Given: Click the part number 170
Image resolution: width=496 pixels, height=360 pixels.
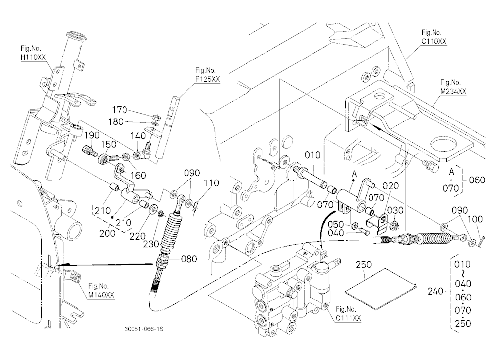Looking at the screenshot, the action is click(120, 110).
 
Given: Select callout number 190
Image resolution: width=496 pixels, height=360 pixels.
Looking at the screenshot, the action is click(92, 135).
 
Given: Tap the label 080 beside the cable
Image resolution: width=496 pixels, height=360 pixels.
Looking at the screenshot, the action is click(189, 259).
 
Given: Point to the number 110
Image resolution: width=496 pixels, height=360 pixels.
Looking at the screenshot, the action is click(212, 183).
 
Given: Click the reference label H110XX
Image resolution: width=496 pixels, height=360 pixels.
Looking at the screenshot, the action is click(33, 57).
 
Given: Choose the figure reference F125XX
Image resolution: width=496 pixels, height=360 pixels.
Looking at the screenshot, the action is click(207, 79).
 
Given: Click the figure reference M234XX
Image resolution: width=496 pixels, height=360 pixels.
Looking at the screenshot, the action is click(454, 91).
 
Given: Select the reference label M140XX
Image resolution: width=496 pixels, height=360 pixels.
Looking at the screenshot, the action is click(101, 295).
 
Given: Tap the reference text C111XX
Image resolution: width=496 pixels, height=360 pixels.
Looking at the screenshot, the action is click(348, 318).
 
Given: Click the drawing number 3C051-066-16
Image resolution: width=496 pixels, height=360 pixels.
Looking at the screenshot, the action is click(144, 329).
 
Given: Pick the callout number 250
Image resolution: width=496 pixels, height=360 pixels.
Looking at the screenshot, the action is click(364, 264).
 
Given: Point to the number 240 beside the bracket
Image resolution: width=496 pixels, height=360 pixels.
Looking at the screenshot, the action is click(435, 291).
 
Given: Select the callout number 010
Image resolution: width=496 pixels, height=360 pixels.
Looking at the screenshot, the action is click(312, 155).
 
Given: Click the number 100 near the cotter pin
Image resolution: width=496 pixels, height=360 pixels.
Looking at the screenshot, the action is click(475, 219).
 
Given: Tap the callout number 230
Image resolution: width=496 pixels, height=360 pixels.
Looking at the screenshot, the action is click(151, 245).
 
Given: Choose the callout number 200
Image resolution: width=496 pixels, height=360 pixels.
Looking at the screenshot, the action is click(107, 234).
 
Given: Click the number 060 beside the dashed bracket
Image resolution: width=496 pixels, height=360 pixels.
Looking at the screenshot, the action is click(477, 180).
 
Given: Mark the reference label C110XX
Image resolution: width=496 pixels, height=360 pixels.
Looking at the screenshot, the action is click(434, 41).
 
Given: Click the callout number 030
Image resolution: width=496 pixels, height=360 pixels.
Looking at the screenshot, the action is click(395, 210).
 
